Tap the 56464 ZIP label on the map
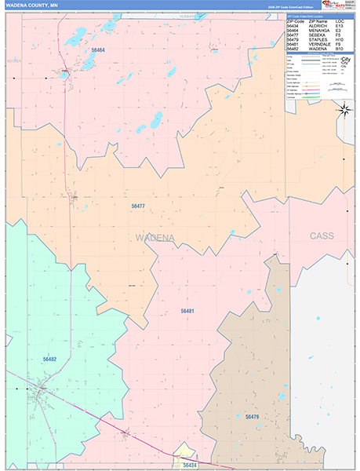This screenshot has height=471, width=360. point(98,49)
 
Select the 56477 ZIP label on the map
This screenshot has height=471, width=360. point(138,206)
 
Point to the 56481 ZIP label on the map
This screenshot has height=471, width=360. point(187,311)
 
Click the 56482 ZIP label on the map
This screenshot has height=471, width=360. point(49,359)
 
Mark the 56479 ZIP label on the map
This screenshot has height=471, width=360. point(252,417)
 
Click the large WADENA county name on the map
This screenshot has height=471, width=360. point(155,237)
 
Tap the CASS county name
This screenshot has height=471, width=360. point(321,235)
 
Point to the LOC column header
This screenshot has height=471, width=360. point(340,20)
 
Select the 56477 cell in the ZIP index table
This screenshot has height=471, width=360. point(293,35)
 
